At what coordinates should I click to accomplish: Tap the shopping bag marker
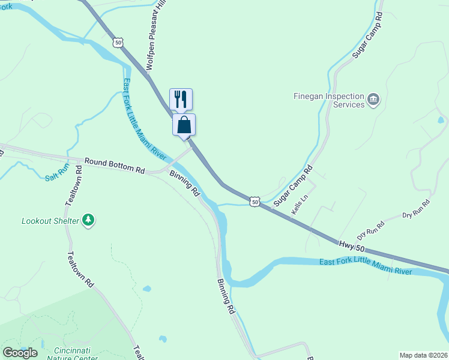pyautogui.click(x=184, y=125)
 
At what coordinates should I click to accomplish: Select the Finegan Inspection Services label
pyautogui.click(x=329, y=100)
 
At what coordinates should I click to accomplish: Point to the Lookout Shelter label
pyautogui.click(x=50, y=221)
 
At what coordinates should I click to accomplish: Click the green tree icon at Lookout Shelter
pyautogui.click(x=89, y=220)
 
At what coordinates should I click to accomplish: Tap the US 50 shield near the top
pyautogui.click(x=117, y=42)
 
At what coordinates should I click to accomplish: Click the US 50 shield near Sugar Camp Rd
pyautogui.click(x=255, y=203)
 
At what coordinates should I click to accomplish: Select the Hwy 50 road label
pyautogui.click(x=351, y=245)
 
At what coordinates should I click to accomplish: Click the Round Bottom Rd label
pyautogui.click(x=115, y=166)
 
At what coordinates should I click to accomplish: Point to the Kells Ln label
pyautogui.click(x=299, y=204)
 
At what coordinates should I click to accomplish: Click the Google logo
pyautogui.click(x=19, y=352)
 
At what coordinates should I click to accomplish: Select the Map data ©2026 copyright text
pyautogui.click(x=423, y=355)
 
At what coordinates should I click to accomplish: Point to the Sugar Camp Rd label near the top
pyautogui.click(x=367, y=34)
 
